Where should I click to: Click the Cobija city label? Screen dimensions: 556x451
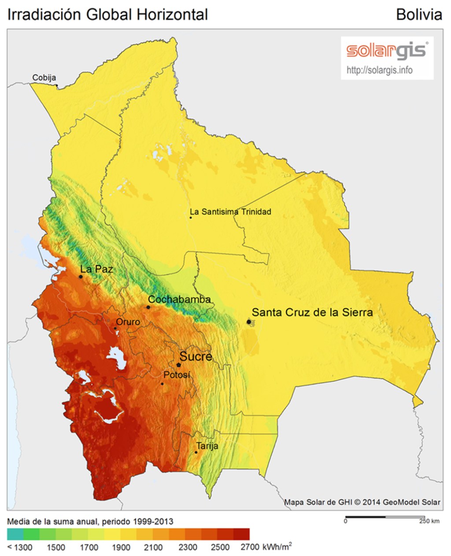click(x=44, y=78)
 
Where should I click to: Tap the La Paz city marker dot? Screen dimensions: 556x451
click(x=81, y=277)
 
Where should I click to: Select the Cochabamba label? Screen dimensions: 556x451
click(x=179, y=299)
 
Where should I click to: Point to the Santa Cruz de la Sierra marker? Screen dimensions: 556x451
click(x=249, y=322)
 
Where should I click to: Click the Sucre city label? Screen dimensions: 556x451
click(x=195, y=356)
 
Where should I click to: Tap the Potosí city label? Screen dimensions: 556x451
click(x=177, y=375)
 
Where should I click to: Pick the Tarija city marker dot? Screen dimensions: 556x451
click(x=196, y=452)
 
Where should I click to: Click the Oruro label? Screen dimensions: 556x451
click(x=128, y=322)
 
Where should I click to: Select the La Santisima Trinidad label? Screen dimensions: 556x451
click(x=230, y=212)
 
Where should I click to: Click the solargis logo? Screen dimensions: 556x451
click(x=387, y=51)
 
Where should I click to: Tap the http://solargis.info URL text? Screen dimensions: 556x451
click(x=379, y=70)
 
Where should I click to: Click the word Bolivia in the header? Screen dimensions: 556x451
click(x=418, y=15)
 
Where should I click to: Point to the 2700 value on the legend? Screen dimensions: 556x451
click(x=250, y=547)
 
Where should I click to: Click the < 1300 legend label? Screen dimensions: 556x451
click(x=20, y=547)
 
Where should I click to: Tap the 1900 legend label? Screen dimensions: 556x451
click(x=121, y=547)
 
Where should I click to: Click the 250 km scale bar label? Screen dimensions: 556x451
click(x=429, y=521)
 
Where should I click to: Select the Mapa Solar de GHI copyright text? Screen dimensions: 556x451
click(x=362, y=502)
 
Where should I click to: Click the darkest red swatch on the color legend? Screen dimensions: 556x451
click(x=241, y=534)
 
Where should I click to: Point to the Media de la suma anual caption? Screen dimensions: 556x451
click(x=90, y=522)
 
